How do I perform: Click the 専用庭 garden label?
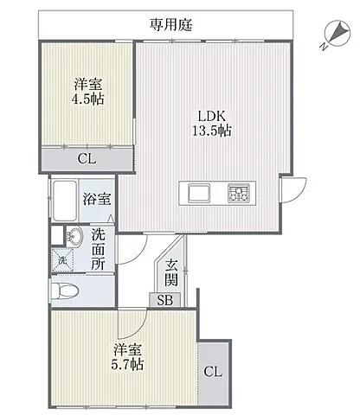click(x=170, y=24)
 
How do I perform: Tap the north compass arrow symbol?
click(x=337, y=34)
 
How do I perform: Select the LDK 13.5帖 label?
click(x=211, y=124)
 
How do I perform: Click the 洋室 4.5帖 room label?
click(x=87, y=92)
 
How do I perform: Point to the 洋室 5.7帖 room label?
click(x=127, y=357)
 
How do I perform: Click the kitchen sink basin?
click(x=199, y=193)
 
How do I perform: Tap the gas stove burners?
click(x=238, y=193)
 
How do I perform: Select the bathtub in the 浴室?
click(x=65, y=201)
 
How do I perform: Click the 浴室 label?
click(x=97, y=199)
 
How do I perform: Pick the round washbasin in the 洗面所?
click(x=74, y=237)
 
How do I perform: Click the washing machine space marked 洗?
click(x=62, y=260)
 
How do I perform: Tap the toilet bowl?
click(x=64, y=290)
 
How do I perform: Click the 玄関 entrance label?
click(x=171, y=272)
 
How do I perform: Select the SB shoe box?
click(x=164, y=300)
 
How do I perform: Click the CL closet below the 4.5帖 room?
click(x=87, y=159)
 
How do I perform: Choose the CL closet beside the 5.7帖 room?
click(x=213, y=372)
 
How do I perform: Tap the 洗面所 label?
click(x=98, y=249)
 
